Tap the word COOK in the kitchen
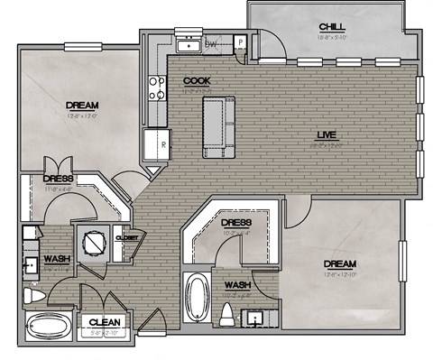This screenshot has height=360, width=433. pos(197,81)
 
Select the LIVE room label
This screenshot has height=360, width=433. pos(326,135)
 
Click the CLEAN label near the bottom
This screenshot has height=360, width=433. pos(105,321)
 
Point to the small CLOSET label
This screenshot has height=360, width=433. pos(127,237)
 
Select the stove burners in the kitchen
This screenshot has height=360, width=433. pos(156,88)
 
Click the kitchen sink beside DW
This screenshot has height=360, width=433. pos(189,44)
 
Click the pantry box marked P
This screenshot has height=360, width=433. pos(241,42)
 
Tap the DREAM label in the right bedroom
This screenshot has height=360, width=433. pos(342,264)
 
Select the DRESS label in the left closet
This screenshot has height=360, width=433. pos(57,178)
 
